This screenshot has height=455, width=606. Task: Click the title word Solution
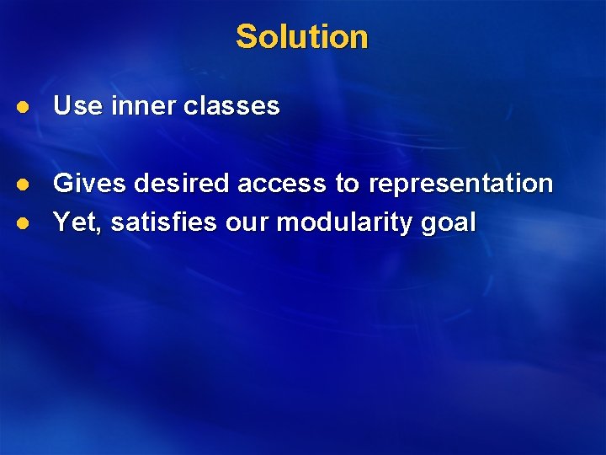[x=302, y=37]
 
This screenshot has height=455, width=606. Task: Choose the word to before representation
[x=348, y=183]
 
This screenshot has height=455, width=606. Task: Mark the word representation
[x=460, y=185]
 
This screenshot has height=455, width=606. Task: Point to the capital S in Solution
[x=246, y=37]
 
